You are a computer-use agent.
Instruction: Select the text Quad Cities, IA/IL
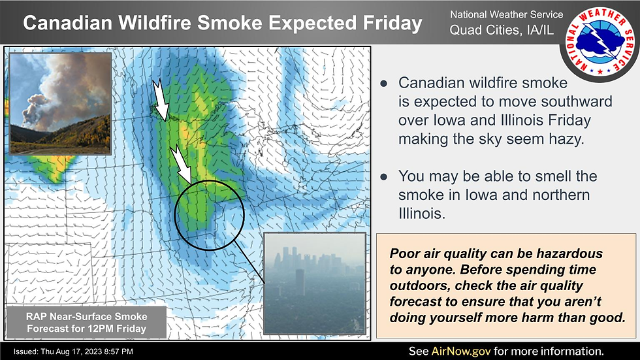(x=502, y=30)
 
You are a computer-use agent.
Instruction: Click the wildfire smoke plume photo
(x=60, y=103)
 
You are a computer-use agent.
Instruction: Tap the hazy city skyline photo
(x=315, y=284)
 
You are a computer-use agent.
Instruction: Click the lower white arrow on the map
(x=181, y=163)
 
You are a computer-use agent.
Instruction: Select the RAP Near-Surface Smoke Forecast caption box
(x=86, y=323)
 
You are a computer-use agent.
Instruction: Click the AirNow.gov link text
(x=461, y=352)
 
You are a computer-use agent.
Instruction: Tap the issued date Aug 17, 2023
(x=84, y=352)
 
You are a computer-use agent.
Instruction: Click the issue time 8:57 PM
(x=123, y=352)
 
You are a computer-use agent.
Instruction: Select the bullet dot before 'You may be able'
(x=384, y=177)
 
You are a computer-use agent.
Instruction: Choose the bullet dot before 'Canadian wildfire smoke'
(x=384, y=84)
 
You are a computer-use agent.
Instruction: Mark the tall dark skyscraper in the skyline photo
(x=300, y=282)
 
